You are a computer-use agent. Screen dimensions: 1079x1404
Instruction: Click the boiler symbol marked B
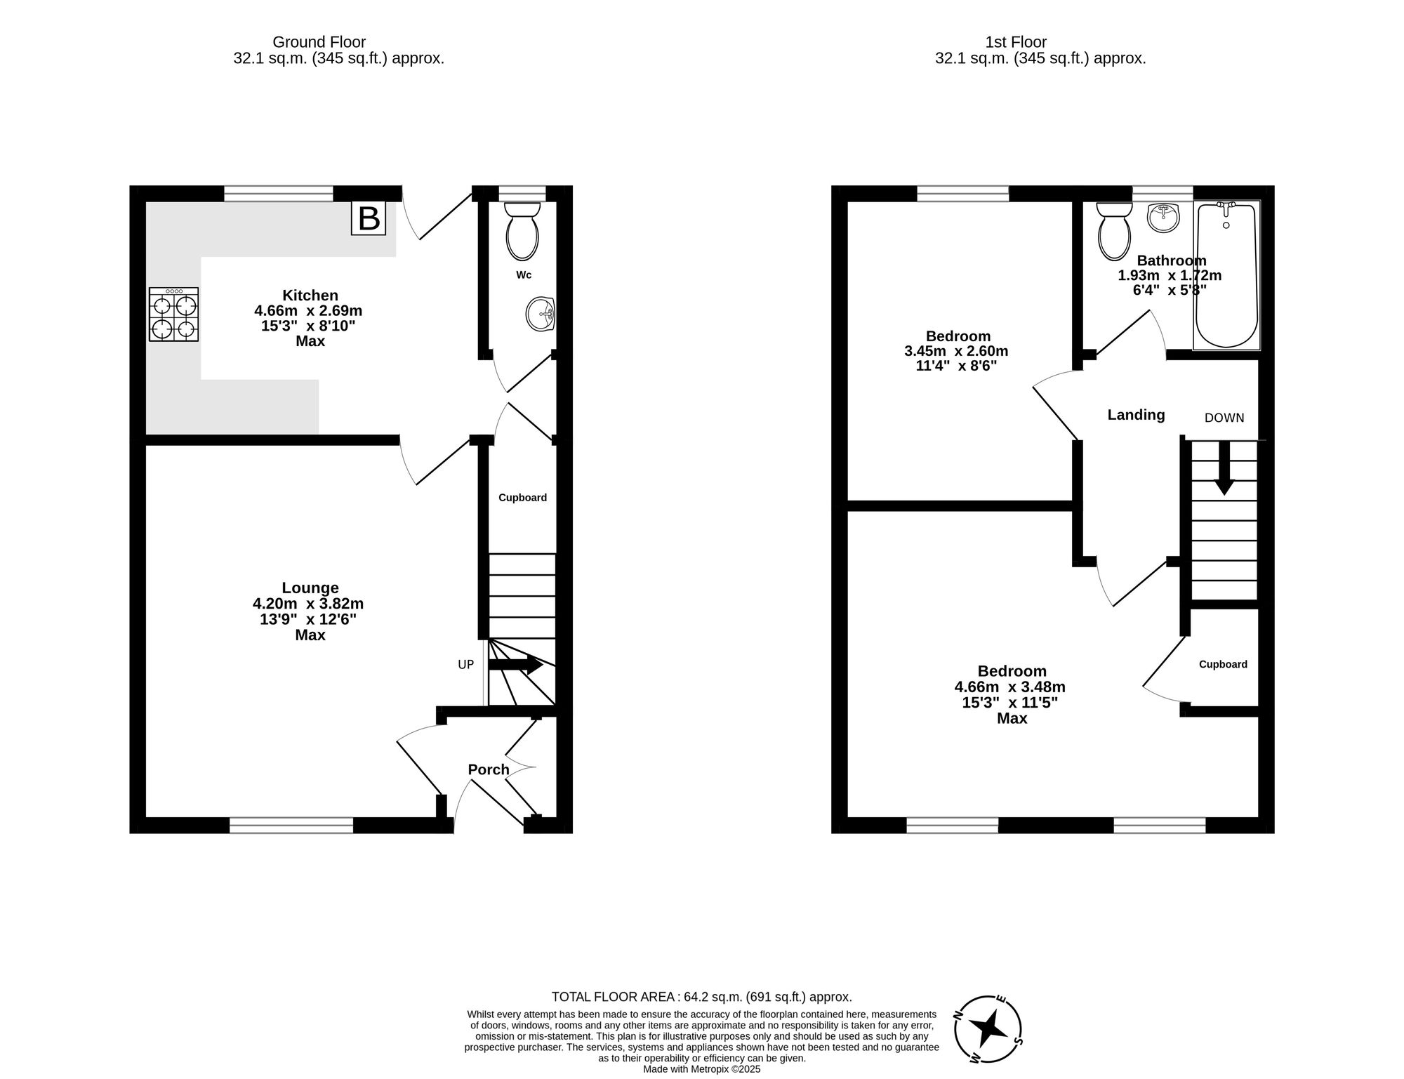click(369, 218)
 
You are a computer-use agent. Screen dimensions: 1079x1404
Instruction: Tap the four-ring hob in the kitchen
click(173, 315)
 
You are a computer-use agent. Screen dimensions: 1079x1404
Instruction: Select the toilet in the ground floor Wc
click(522, 232)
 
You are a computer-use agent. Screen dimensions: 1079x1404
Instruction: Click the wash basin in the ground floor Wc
click(541, 313)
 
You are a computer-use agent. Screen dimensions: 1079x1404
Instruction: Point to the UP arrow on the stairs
click(516, 665)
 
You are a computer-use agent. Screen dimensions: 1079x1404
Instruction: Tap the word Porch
click(489, 769)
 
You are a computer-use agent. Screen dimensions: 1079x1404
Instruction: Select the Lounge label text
click(310, 588)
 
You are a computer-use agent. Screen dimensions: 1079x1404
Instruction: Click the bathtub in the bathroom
click(1227, 275)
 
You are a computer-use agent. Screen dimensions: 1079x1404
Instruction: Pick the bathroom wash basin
click(1163, 217)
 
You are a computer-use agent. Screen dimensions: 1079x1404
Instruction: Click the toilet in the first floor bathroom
click(1113, 232)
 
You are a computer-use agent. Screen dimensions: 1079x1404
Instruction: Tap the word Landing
click(1136, 415)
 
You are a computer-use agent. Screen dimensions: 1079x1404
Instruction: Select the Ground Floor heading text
click(319, 42)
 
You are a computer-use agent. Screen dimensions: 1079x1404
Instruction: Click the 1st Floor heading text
click(1016, 42)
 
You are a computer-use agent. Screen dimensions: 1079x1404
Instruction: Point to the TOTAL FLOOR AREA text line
click(701, 997)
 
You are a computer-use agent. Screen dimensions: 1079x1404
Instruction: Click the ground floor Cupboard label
click(522, 498)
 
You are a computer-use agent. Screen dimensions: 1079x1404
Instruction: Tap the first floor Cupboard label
click(1223, 664)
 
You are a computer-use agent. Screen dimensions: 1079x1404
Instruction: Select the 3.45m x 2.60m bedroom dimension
click(956, 351)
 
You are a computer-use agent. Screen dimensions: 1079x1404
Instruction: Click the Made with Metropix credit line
click(701, 1069)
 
